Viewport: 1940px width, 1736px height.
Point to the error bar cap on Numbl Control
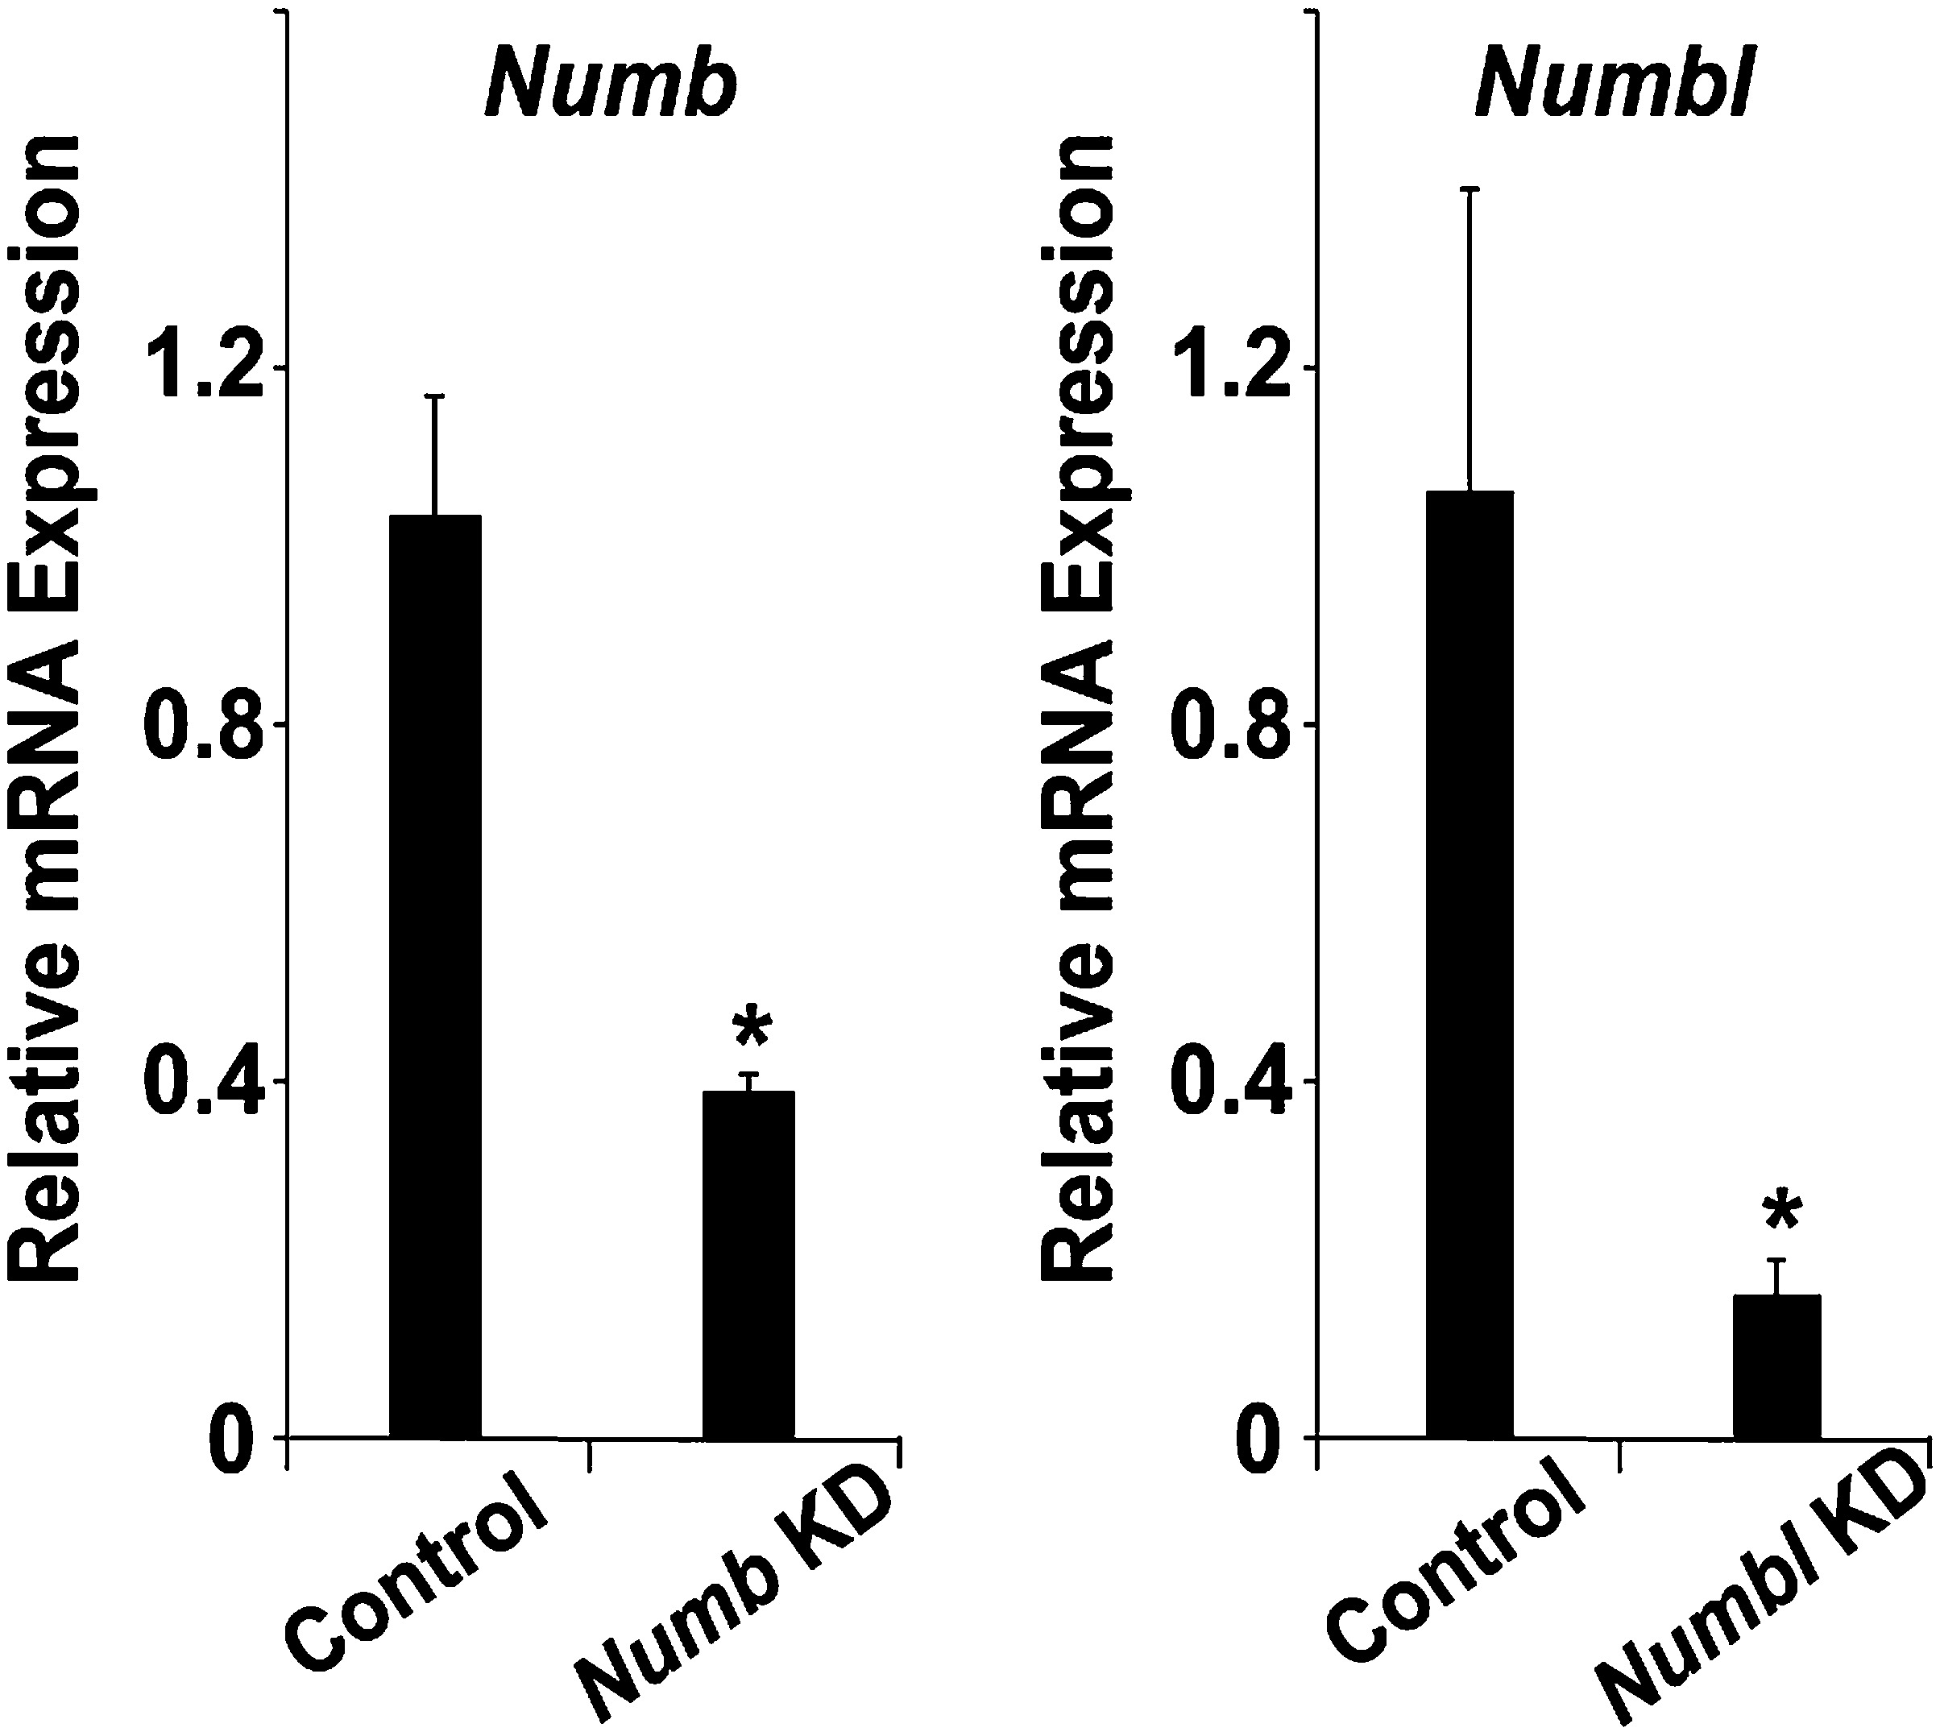1470,190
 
